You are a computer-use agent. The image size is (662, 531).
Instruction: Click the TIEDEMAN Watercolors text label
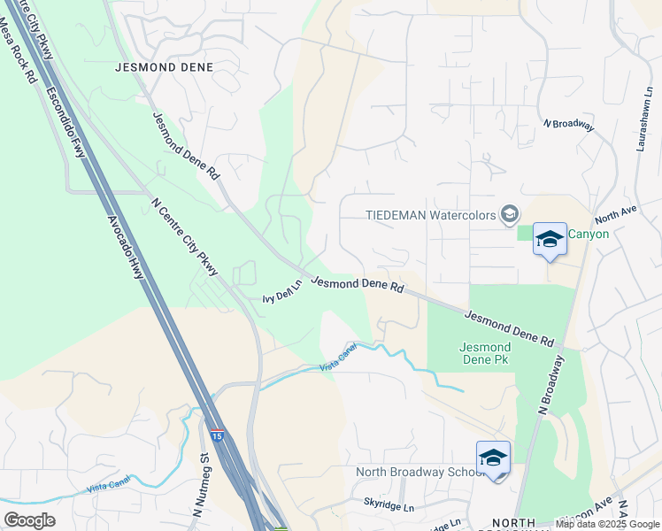click(x=430, y=214)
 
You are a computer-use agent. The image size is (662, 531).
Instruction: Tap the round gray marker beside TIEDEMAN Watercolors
click(x=509, y=213)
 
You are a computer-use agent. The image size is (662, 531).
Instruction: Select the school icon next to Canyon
click(x=550, y=239)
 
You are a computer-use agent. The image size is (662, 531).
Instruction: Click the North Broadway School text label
click(x=416, y=472)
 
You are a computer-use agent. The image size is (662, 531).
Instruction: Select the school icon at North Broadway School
click(x=493, y=458)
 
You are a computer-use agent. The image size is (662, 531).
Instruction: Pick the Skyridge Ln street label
click(x=389, y=507)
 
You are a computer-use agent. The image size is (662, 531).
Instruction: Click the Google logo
click(x=29, y=520)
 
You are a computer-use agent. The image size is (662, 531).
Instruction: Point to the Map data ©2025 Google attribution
click(x=606, y=524)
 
